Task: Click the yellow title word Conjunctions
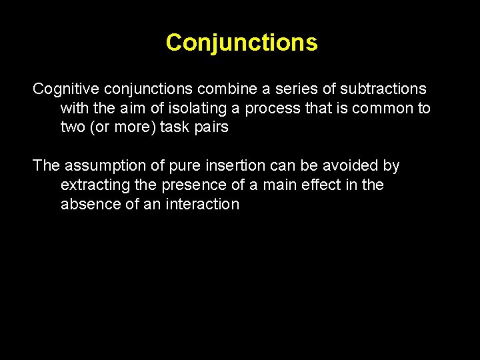click(x=241, y=43)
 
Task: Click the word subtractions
click(x=383, y=89)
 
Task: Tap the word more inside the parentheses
click(x=133, y=127)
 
